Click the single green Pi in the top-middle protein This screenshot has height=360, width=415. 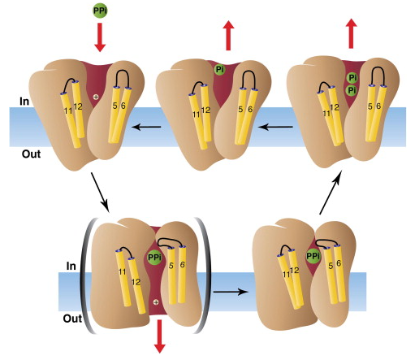click(x=219, y=70)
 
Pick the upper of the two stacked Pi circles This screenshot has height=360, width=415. click(x=352, y=77)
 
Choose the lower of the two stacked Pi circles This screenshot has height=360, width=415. click(x=352, y=90)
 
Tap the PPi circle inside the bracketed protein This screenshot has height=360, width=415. click(x=154, y=258)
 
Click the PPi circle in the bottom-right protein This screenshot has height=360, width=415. click(x=313, y=258)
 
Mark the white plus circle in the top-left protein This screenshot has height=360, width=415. click(x=97, y=98)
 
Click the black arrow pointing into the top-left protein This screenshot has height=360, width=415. click(x=147, y=127)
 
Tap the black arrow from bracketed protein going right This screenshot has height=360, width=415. click(x=230, y=288)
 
